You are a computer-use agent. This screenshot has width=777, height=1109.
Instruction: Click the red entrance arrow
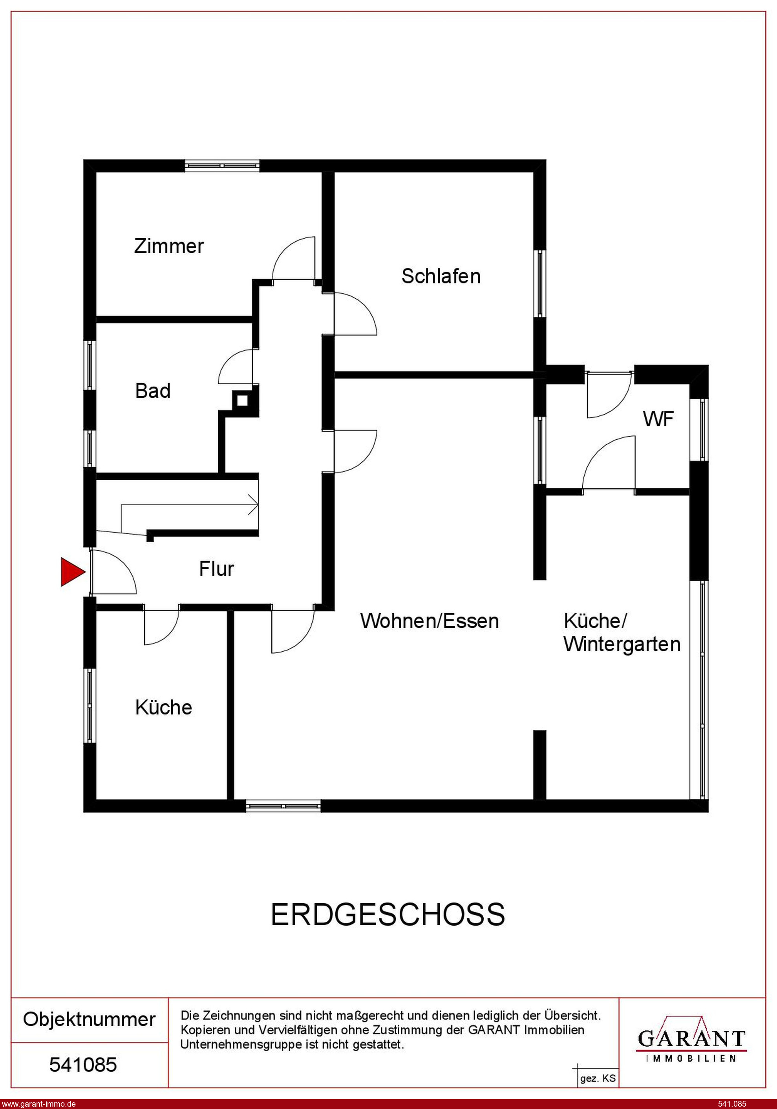[x=73, y=572]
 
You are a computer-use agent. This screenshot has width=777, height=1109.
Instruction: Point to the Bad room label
[x=153, y=390]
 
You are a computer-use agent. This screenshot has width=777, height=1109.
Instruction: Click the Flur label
[x=216, y=568]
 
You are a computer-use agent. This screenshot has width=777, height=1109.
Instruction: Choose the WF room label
[x=658, y=419]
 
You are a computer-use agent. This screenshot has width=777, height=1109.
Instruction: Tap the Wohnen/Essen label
[x=429, y=621]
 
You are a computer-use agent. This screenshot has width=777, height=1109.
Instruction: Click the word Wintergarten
[x=622, y=644]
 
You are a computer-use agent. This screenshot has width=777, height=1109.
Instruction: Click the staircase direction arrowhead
[x=254, y=505]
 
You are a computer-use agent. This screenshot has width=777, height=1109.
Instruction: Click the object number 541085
[x=83, y=1065]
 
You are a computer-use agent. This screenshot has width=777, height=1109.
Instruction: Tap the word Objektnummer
[x=90, y=1019]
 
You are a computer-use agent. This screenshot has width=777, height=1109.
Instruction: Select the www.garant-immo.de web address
[x=38, y=1104]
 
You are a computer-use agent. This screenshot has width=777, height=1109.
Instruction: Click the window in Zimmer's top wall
[x=222, y=166]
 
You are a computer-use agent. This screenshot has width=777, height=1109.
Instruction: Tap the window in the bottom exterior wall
[x=283, y=805]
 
